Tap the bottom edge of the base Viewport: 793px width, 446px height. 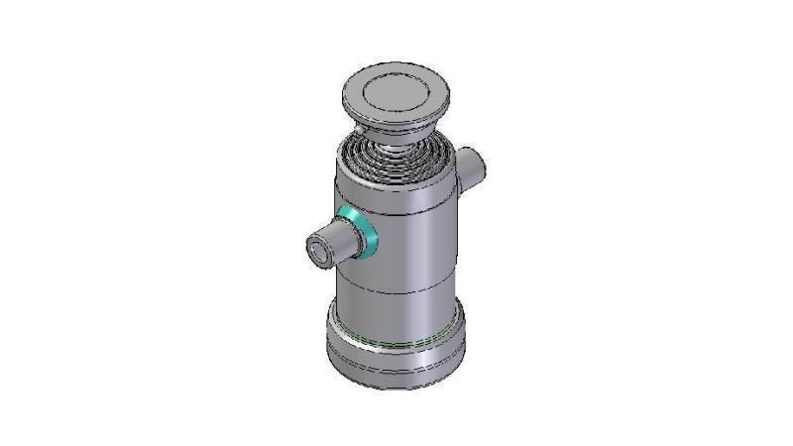pyautogui.click(x=396, y=388)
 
